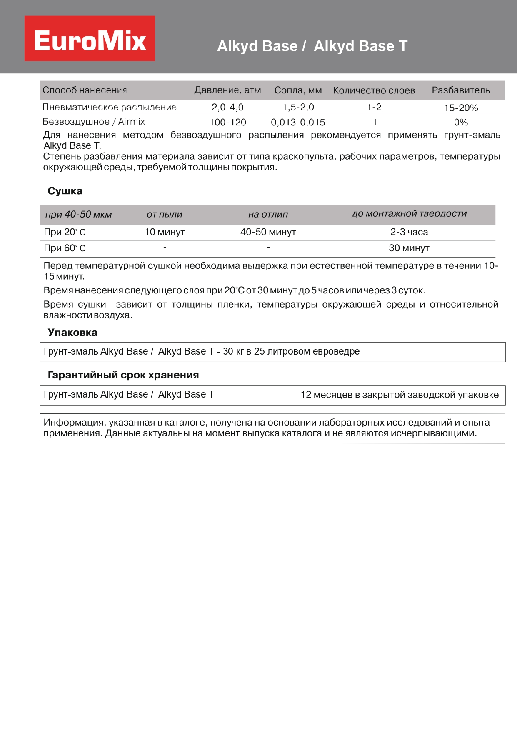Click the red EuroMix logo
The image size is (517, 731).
90,39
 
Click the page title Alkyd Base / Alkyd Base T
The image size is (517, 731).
312,46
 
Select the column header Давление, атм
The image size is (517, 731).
227,90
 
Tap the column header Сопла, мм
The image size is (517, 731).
298,90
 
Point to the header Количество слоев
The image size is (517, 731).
374,90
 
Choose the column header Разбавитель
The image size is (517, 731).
461,90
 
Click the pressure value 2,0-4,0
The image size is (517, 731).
227,107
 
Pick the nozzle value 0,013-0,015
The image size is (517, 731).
298,122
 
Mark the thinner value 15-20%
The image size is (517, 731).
461,108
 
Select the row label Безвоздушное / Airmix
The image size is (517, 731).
94,122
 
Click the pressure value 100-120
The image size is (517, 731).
227,122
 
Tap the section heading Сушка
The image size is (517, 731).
65,191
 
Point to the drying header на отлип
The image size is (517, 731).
268,214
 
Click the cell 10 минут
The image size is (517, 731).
165,232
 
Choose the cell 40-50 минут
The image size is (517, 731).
268,232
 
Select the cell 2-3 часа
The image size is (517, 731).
409,232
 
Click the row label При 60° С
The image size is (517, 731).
65,248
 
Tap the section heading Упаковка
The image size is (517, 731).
72,333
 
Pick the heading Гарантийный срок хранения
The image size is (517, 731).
123,375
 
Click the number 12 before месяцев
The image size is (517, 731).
306,395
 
